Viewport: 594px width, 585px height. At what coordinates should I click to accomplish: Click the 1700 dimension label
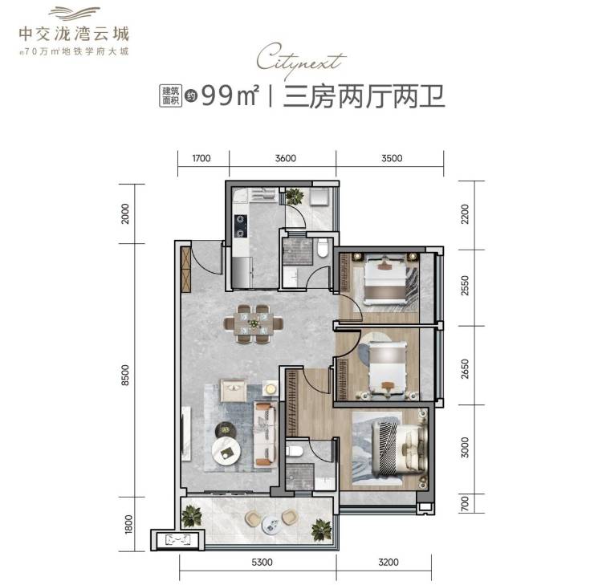point(201,158)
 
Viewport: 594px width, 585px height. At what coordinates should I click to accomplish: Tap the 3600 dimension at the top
point(285,158)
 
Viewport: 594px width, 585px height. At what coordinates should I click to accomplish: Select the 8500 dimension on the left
point(125,375)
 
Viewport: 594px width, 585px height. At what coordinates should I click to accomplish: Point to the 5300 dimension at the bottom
point(262,562)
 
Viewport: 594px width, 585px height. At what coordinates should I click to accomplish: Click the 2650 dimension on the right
point(465,369)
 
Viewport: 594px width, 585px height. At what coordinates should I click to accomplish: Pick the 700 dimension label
point(465,504)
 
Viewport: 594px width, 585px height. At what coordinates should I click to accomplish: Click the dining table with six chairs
point(254,323)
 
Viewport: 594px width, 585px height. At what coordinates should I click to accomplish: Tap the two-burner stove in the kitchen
point(241,226)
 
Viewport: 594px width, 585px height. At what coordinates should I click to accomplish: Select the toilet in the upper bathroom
point(323,248)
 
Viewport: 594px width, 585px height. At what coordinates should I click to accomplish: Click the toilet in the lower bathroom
point(295,450)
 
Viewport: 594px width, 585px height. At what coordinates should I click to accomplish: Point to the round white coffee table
point(226,452)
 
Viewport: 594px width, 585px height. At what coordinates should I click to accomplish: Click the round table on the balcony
point(271,525)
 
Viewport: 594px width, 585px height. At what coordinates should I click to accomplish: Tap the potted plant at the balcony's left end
point(192,516)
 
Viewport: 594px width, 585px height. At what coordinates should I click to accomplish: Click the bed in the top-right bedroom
point(385,280)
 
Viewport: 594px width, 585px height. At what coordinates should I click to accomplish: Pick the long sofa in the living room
point(265,433)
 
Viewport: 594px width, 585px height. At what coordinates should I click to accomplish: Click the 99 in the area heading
point(217,95)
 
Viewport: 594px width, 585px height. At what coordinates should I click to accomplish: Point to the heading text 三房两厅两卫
point(364,96)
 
